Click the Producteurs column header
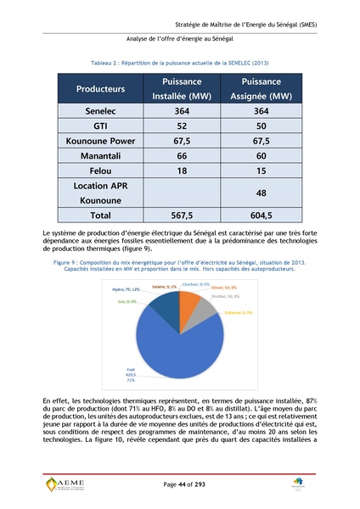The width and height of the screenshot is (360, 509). pos(100,88)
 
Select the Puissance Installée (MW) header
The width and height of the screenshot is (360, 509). pos(177,88)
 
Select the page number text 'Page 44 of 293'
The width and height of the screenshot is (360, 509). pos(180,483)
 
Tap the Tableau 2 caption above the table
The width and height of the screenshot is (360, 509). pos(179,64)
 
